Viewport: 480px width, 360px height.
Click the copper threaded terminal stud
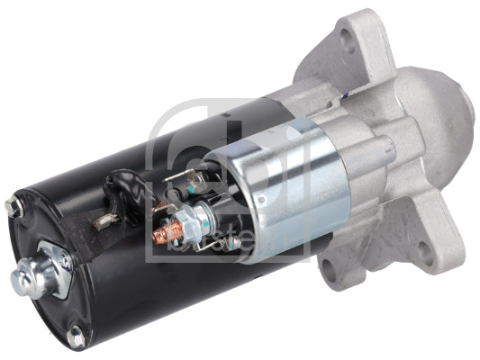[163, 235]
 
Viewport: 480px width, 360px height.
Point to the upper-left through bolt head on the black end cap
[13, 208]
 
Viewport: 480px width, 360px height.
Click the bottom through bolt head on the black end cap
[76, 337]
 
